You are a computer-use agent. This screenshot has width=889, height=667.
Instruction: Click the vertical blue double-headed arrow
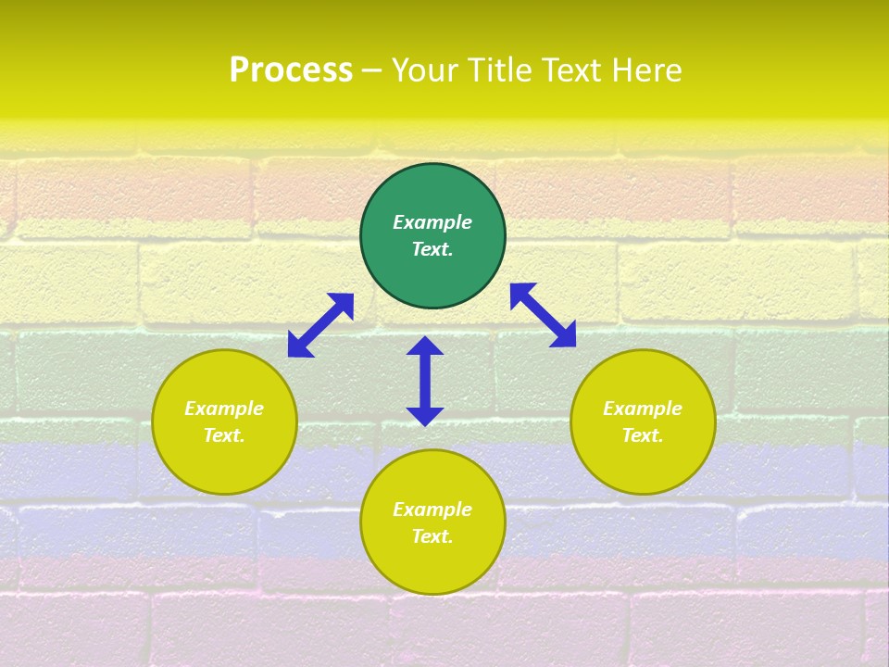[x=425, y=381]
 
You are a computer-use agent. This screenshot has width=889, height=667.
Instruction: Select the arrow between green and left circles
[x=321, y=324]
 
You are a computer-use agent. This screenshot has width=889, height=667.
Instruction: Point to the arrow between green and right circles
[x=543, y=315]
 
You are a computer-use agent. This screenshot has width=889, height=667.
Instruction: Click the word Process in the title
[x=291, y=70]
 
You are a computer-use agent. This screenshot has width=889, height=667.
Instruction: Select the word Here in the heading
[x=647, y=70]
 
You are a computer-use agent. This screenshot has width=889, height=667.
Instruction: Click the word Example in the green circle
[x=432, y=222]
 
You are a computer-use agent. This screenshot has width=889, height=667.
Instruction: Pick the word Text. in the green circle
[x=432, y=249]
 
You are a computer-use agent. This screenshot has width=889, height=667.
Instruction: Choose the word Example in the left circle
[x=224, y=409]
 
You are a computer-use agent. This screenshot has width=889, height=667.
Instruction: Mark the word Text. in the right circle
[x=643, y=435]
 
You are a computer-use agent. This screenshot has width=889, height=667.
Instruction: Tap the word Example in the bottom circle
[x=432, y=510]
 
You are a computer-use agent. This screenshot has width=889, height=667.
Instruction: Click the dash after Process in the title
[x=371, y=70]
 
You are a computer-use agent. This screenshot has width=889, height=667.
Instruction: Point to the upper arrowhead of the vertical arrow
[x=425, y=346]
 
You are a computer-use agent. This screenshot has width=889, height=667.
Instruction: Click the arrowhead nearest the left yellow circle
[x=299, y=346]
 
